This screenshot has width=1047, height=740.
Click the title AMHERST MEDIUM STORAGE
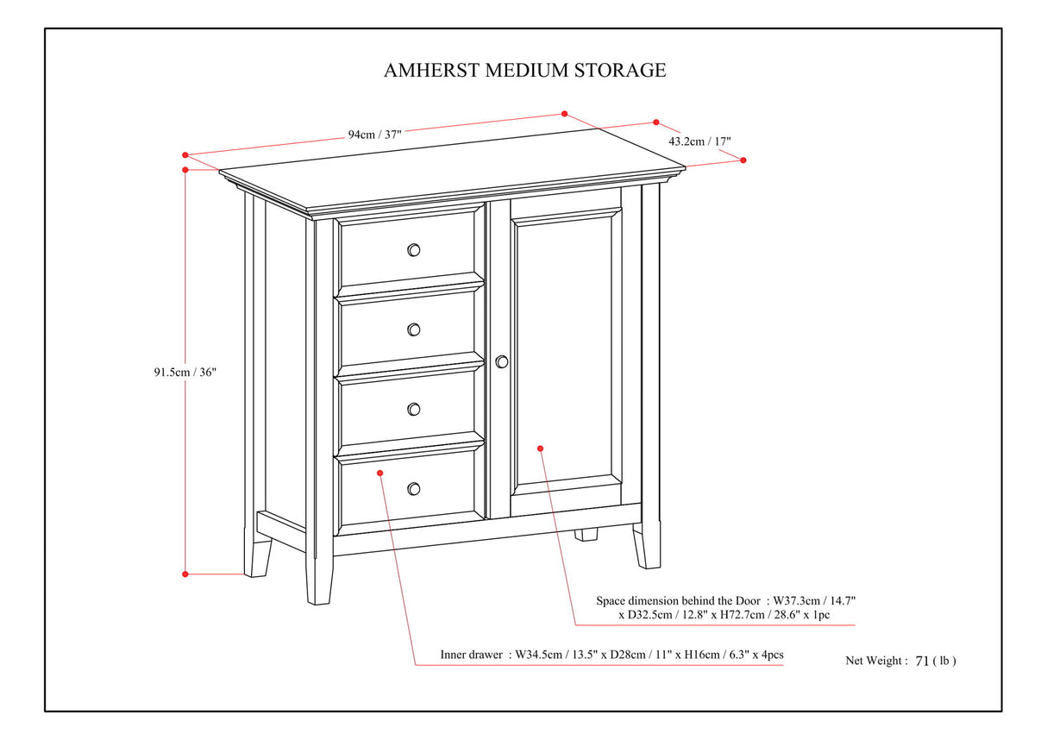pos(524,70)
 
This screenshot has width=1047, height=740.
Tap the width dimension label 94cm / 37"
pos(374,134)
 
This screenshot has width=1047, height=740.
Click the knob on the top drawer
pos(413,250)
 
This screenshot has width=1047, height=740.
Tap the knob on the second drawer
pos(413,329)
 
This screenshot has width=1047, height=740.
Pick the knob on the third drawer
pos(413,409)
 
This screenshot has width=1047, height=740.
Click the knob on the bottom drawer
pos(413,489)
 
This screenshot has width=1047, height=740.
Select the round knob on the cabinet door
pos(502,362)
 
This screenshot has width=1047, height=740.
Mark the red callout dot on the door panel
pos(540,448)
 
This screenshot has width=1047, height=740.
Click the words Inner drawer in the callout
pos(470,655)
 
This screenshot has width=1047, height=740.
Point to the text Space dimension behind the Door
pos(678,599)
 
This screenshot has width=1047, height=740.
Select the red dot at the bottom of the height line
pos(185,574)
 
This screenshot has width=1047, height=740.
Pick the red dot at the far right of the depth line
pos(743,160)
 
